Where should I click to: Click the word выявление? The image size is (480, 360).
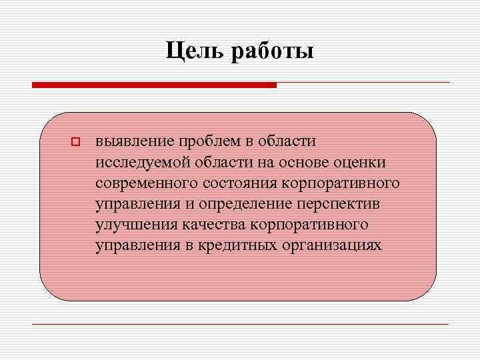pos(132,142)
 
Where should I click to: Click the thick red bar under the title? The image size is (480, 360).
pos(154,85)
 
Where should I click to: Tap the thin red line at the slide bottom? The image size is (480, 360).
pos(241,324)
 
